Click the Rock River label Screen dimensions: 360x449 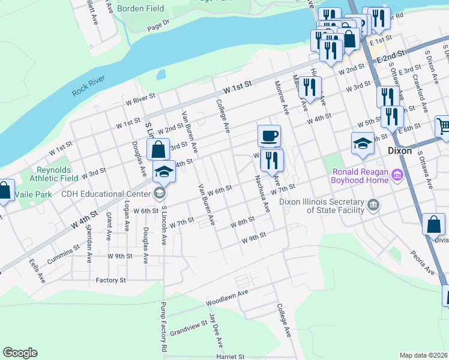click(x=88, y=85)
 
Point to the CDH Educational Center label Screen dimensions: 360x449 click(x=107, y=194)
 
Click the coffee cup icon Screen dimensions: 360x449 click(x=269, y=136)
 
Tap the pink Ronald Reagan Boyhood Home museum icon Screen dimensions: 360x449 click(x=397, y=175)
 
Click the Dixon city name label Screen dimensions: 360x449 click(x=400, y=151)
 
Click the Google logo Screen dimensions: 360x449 click(x=20, y=353)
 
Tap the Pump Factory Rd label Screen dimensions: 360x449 click(x=163, y=327)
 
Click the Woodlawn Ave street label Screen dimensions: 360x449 click(x=226, y=296)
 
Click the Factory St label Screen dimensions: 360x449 click(x=110, y=280)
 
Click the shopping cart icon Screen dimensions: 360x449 click(x=442, y=126)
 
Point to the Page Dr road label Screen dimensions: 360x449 click(x=158, y=26)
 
